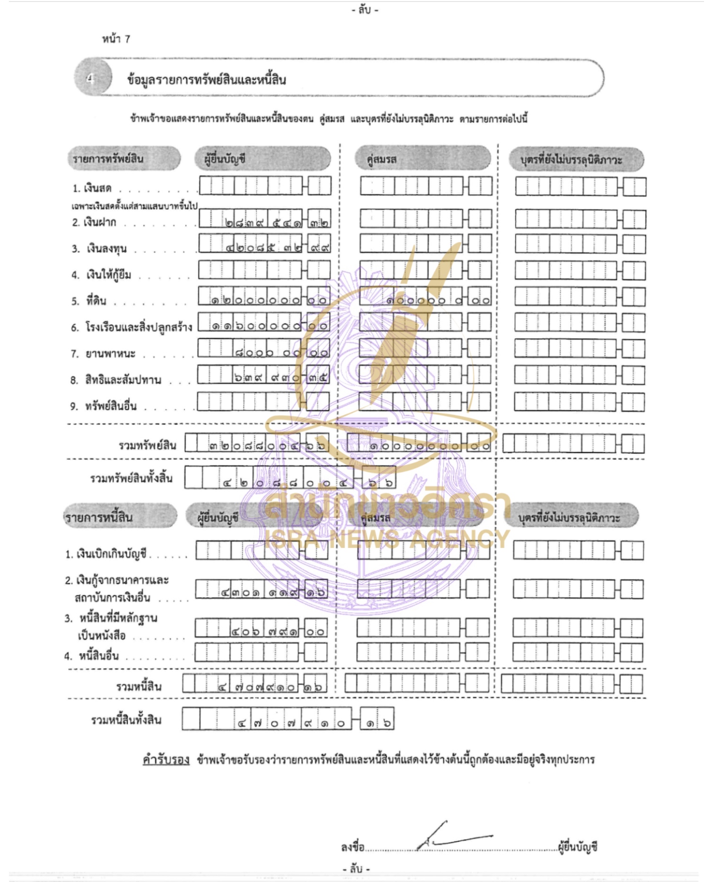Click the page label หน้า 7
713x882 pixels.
pyautogui.click(x=116, y=39)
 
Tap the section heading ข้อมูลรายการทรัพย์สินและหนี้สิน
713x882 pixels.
pyautogui.click(x=206, y=79)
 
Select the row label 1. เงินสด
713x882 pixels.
pyautogui.click(x=92, y=188)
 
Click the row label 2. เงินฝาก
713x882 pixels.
pyautogui.click(x=94, y=222)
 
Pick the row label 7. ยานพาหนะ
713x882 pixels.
pyautogui.click(x=103, y=353)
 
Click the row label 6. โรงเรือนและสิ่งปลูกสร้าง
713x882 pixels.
pyautogui.click(x=132, y=327)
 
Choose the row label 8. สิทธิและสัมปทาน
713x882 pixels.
pyautogui.click(x=116, y=380)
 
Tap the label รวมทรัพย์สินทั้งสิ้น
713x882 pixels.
pyautogui.click(x=131, y=478)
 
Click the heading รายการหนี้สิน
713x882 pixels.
pyautogui.click(x=99, y=517)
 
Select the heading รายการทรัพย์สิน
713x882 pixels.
pyautogui.click(x=108, y=159)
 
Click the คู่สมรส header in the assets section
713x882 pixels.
pyautogui.click(x=381, y=159)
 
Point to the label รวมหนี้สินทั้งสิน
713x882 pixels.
pyautogui.click(x=126, y=720)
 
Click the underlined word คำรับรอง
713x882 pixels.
pyautogui.click(x=166, y=760)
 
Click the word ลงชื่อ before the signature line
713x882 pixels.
pyautogui.click(x=352, y=847)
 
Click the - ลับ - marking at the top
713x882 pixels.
pyautogui.click(x=365, y=10)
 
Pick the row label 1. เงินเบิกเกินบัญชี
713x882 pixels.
pyautogui.click(x=106, y=554)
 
